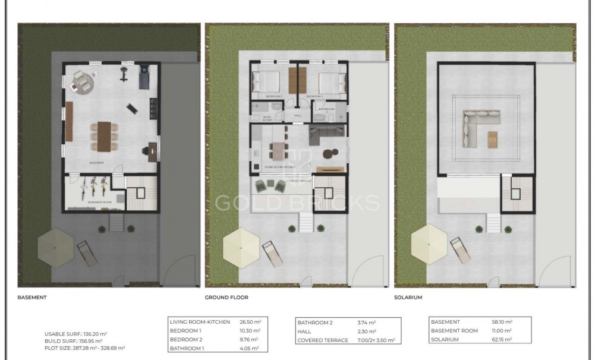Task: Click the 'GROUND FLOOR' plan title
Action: [226, 297]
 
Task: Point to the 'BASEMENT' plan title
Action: [32, 297]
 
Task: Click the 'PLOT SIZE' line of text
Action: [84, 348]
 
